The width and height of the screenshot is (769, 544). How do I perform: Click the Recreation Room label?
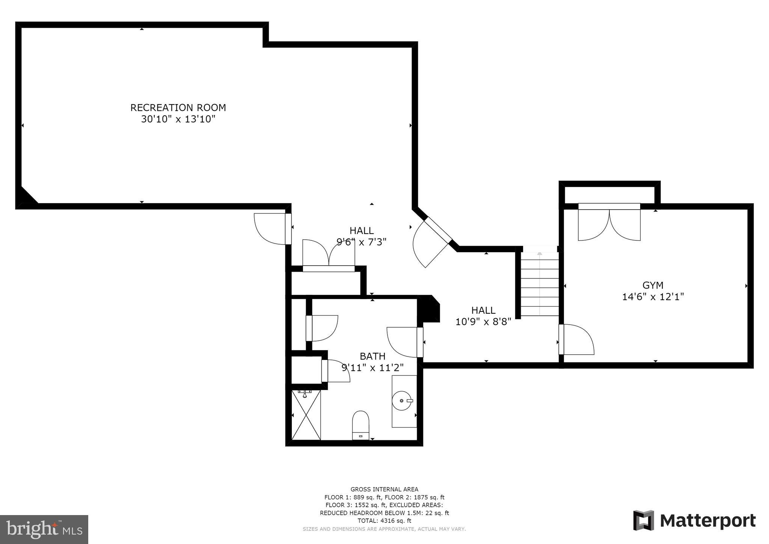tap(178, 107)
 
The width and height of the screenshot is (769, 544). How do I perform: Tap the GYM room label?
tap(653, 285)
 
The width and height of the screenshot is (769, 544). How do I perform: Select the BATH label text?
tap(372, 356)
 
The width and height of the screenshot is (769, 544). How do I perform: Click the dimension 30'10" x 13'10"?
tap(178, 119)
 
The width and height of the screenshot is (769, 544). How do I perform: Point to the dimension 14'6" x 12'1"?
tap(653, 297)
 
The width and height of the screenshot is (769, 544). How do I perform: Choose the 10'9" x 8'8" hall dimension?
tap(483, 322)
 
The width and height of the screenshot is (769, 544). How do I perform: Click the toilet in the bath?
tap(361, 425)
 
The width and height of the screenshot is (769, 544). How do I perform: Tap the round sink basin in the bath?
tap(402, 400)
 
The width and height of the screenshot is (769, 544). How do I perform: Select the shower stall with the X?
tap(306, 415)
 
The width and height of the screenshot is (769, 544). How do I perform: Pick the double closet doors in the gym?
tap(609, 222)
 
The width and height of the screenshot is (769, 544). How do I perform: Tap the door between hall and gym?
tap(576, 340)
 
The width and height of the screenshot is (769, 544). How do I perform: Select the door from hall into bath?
tap(405, 342)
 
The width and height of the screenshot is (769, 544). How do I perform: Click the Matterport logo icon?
tap(644, 520)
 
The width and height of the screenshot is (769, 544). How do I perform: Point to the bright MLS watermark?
tap(44, 529)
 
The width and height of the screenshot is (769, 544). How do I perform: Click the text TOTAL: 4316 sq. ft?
tap(384, 521)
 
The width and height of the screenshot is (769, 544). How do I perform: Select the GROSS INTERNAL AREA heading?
tap(384, 489)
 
